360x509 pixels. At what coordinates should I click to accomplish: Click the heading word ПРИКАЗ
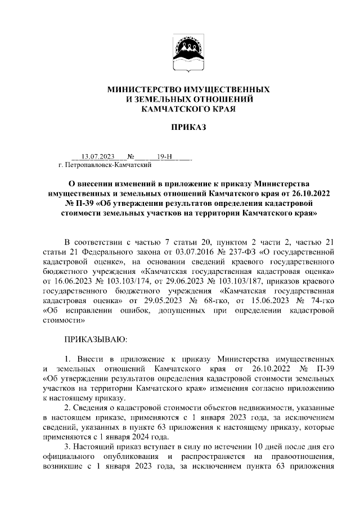tap(181, 128)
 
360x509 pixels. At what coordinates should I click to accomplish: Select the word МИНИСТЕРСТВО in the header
tap(143, 89)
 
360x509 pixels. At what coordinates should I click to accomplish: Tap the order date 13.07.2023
tap(98, 157)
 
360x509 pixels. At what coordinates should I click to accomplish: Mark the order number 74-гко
tap(323, 301)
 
